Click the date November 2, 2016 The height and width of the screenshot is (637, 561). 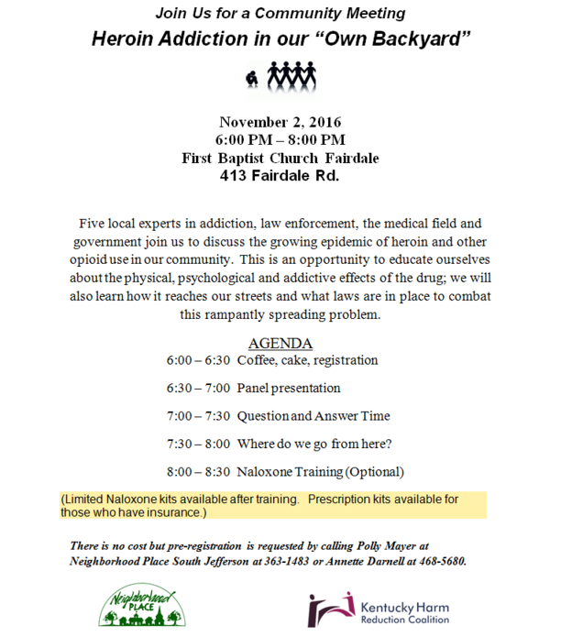[280, 122]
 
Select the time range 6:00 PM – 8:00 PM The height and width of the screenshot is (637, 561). [280, 139]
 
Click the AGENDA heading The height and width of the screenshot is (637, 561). [280, 344]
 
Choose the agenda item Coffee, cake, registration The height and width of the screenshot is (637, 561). [307, 360]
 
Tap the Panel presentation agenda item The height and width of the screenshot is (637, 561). [289, 388]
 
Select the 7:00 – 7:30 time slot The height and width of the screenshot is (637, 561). [198, 416]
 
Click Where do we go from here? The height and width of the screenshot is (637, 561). [314, 444]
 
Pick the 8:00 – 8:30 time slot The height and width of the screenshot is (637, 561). [198, 472]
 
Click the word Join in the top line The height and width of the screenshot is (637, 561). [172, 14]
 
